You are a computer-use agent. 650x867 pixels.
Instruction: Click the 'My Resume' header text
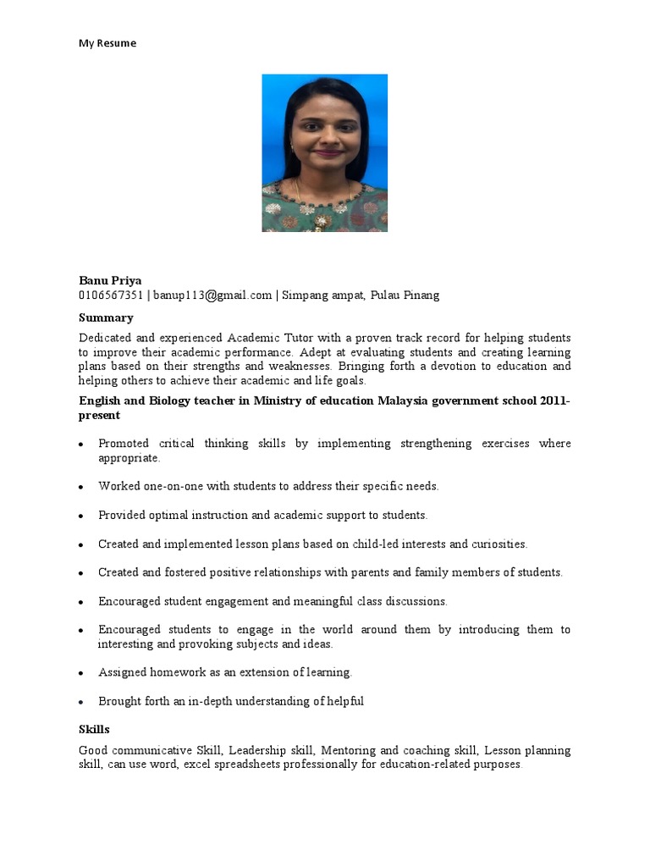click(107, 43)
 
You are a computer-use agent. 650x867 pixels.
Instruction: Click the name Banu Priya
click(110, 280)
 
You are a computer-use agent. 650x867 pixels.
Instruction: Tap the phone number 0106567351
click(112, 295)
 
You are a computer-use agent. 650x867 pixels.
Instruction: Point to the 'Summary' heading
click(106, 318)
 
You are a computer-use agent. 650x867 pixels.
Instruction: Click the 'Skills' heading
click(94, 729)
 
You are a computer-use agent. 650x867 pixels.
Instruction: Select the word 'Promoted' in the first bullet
click(124, 444)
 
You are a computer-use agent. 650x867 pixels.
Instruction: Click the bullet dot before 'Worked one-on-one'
click(80, 488)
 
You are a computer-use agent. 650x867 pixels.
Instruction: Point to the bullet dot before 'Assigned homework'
click(80, 674)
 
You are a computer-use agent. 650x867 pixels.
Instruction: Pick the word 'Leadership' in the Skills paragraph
click(257, 750)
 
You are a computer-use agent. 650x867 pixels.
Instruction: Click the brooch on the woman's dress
click(322, 222)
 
